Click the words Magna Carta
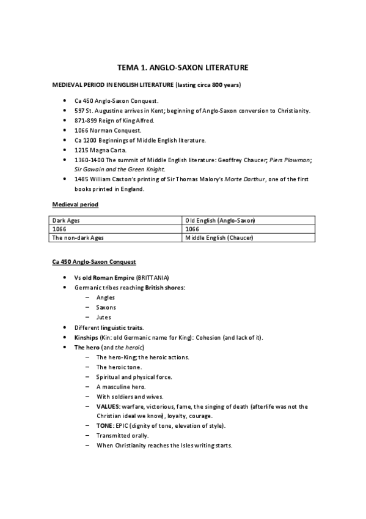click(111, 150)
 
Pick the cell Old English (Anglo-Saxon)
click(220, 220)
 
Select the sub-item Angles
click(106, 297)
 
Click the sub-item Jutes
click(103, 317)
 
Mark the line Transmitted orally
click(123, 435)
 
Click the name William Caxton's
click(112, 179)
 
